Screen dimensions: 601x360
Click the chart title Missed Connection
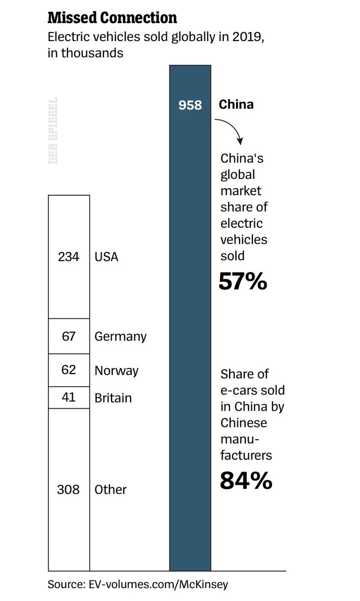(112, 19)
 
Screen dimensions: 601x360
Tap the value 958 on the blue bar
(190, 105)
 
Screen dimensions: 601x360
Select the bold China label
(236, 105)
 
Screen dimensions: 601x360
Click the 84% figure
(246, 481)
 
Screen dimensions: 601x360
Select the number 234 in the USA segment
(69, 257)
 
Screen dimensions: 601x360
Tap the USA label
(106, 257)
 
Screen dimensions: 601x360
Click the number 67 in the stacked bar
(69, 336)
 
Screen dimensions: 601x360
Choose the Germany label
(121, 337)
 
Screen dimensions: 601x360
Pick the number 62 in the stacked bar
(69, 370)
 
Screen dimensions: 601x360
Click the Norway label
(117, 371)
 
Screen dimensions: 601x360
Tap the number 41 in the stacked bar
(69, 398)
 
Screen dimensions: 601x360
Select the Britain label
(113, 398)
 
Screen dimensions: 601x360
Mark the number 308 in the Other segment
(69, 489)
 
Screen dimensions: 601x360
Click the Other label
(111, 489)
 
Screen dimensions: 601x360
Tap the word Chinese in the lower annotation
(244, 423)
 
